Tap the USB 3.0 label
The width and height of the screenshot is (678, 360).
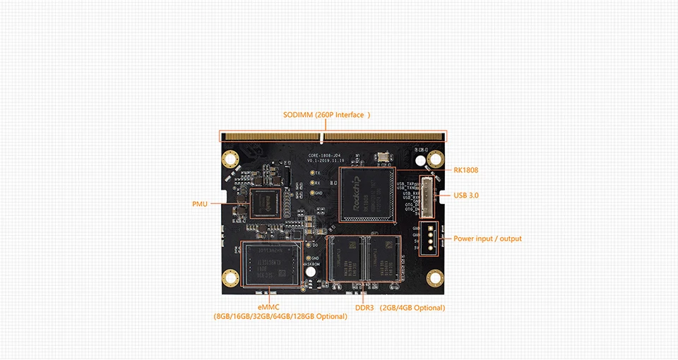465,195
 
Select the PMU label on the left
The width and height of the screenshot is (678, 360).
200,204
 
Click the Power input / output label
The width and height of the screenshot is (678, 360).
487,239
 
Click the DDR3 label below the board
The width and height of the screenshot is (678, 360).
364,308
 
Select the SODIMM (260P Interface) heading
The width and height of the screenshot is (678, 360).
327,115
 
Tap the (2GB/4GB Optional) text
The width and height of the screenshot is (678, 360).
412,308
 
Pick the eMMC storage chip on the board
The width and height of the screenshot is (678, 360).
271,265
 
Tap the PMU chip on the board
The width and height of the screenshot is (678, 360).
266,202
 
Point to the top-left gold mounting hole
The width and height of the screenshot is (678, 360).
229,159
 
